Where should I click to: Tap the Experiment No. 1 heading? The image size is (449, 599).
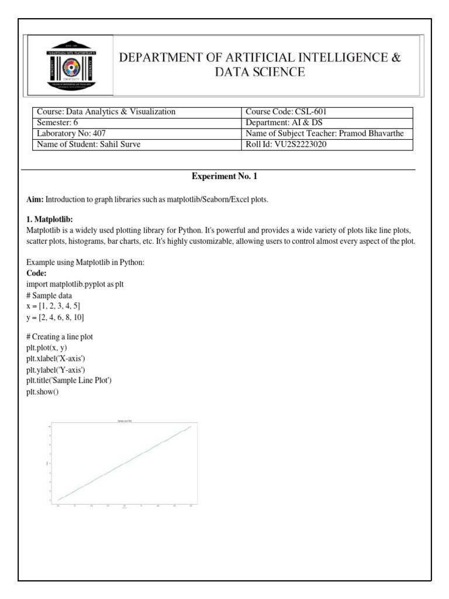coord(224,176)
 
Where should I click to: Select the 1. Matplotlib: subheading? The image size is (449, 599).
coord(50,219)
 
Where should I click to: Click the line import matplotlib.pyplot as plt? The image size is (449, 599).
coord(75,284)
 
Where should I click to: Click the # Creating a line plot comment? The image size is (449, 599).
coord(60,337)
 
